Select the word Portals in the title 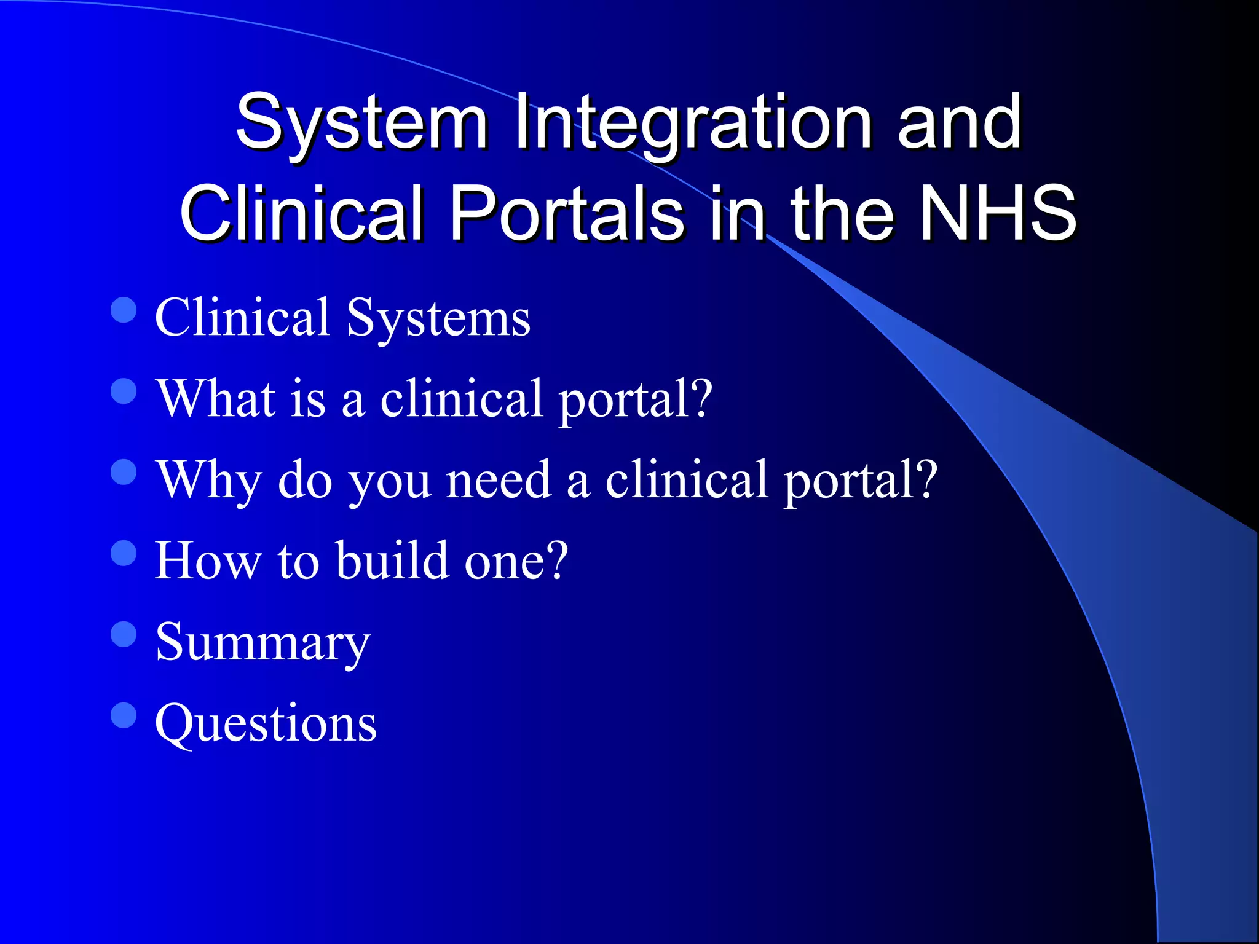[x=566, y=213]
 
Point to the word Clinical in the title [x=301, y=213]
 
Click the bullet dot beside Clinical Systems [x=124, y=310]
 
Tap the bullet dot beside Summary [x=124, y=634]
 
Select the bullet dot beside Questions [x=124, y=715]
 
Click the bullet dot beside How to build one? [x=124, y=553]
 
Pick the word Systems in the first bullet [x=438, y=318]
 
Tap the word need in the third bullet [x=498, y=480]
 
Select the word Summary [x=262, y=642]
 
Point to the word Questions [x=266, y=723]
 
